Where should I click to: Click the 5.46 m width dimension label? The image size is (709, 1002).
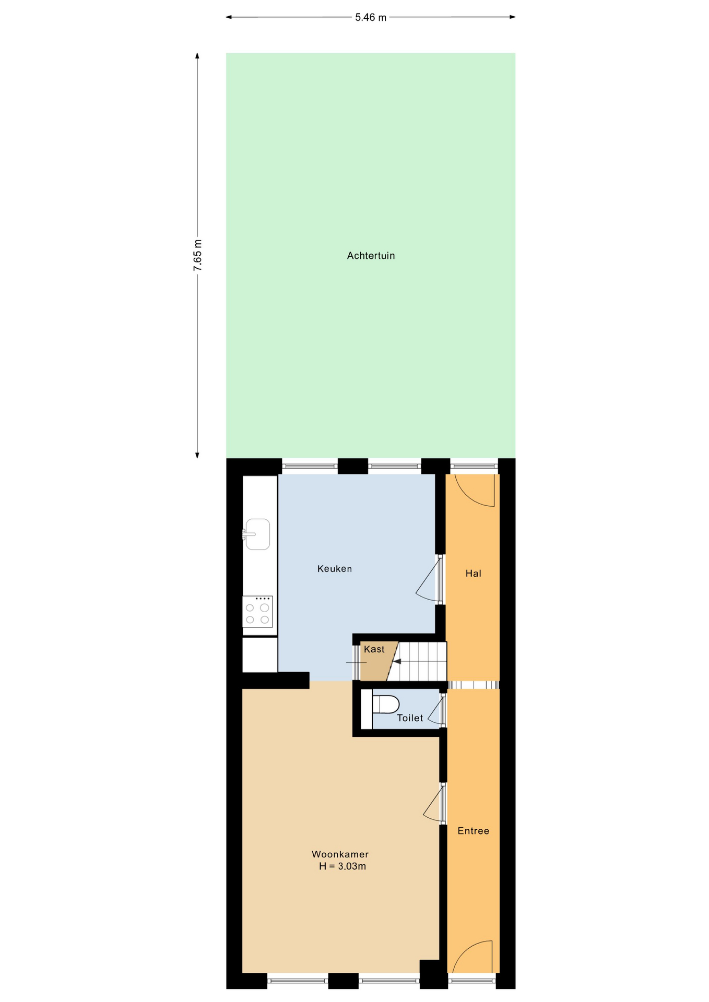371,17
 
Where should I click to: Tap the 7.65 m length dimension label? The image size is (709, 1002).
197,255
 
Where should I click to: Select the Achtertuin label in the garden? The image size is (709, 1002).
371,256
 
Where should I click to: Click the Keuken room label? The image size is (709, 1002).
335,569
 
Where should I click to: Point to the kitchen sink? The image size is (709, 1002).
257,534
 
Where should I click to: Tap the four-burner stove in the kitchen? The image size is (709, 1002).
257,611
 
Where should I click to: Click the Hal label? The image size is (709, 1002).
473,574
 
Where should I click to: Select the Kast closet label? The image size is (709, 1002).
374,649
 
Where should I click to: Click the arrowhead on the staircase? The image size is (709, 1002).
397,662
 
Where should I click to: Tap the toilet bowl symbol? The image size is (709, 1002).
385,704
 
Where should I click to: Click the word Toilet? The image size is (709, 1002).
410,718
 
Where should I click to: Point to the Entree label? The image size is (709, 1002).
473,831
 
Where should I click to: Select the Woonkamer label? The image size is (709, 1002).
340,854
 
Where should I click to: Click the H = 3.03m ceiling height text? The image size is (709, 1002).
342,866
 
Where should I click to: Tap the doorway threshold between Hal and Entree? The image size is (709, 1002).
474,685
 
